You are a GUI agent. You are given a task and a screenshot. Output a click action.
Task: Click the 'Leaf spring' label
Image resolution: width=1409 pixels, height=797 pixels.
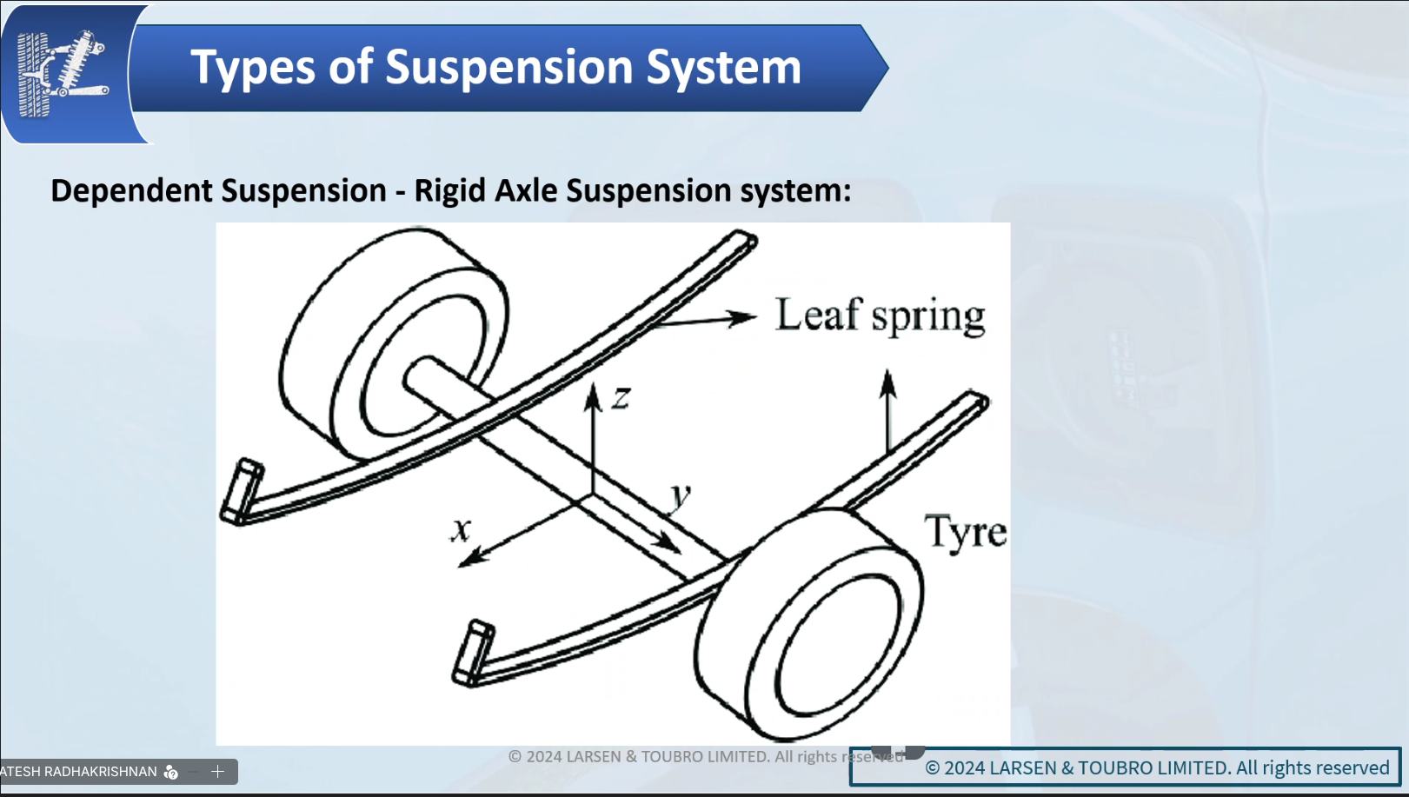tap(880, 315)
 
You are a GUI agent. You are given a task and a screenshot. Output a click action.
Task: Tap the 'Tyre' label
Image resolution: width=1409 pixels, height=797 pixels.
tap(965, 532)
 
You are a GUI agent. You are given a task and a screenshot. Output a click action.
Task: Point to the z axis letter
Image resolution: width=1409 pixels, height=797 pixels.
tap(621, 399)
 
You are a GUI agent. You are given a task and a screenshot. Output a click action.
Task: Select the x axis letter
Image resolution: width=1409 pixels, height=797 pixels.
tap(461, 528)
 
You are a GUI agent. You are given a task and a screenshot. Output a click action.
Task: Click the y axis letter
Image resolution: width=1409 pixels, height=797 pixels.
tap(681, 496)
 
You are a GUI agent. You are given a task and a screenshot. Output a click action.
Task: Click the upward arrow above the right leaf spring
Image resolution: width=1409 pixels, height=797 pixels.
tap(887, 408)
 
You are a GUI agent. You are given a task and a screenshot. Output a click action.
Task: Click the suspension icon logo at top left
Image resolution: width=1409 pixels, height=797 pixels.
tap(63, 72)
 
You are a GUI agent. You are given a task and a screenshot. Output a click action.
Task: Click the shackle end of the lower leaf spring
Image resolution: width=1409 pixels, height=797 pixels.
tap(473, 653)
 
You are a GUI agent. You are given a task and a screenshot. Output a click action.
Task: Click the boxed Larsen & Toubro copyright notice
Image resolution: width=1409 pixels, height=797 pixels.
tap(1125, 767)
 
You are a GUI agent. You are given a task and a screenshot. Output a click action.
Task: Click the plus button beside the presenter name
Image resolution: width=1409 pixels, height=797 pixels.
tap(217, 771)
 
